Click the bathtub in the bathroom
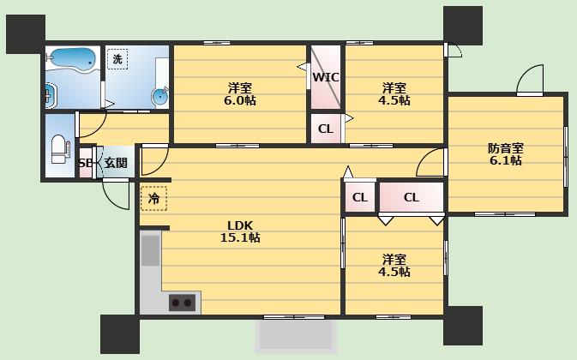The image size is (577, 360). pyautogui.click(x=73, y=58)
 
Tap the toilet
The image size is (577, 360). pyautogui.click(x=59, y=149)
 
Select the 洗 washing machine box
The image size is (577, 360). pyautogui.click(x=117, y=59)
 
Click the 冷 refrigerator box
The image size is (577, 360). pyautogui.click(x=153, y=199)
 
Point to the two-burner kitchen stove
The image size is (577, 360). pyautogui.click(x=182, y=303)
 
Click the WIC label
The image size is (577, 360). pyautogui.click(x=326, y=78)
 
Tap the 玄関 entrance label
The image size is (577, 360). pyautogui.click(x=116, y=163)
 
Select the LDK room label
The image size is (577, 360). pyautogui.click(x=240, y=225)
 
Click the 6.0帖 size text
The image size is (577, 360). pyautogui.click(x=240, y=100)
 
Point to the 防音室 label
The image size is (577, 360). pyautogui.click(x=506, y=148)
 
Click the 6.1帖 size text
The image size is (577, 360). pyautogui.click(x=506, y=160)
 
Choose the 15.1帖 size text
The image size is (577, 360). pyautogui.click(x=240, y=237)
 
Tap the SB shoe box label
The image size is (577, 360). pyautogui.click(x=85, y=163)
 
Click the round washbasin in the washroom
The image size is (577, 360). pyautogui.click(x=160, y=97)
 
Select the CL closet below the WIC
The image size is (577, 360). pyautogui.click(x=326, y=129)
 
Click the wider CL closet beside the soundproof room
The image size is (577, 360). pyautogui.click(x=412, y=197)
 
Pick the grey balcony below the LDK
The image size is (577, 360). pyautogui.click(x=296, y=334)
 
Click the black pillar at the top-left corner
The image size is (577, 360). pyautogui.click(x=26, y=34)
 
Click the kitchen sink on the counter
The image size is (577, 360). pyautogui.click(x=151, y=250)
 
